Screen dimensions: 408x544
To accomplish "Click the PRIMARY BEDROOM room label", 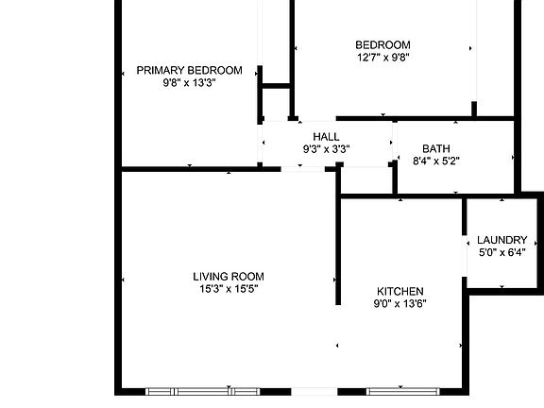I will tap(189, 70).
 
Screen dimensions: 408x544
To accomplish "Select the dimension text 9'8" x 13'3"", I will tap(189, 82).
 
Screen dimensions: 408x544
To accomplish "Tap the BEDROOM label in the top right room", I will tap(382, 44).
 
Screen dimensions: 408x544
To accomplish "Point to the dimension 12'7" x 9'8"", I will tap(382, 57).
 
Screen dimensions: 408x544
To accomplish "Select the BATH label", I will tap(436, 148).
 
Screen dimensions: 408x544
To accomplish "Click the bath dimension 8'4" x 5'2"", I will tap(436, 161).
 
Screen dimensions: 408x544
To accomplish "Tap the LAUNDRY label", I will tap(502, 240).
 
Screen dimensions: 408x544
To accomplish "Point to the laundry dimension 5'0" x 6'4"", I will tap(502, 252).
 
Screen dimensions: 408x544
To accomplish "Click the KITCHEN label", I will tap(400, 291).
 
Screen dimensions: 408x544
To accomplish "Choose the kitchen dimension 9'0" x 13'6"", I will tap(400, 303).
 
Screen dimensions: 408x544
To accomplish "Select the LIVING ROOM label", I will tap(229, 277).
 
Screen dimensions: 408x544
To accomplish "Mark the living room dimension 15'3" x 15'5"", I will tap(229, 289).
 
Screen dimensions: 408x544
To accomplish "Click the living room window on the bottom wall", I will tap(203, 391).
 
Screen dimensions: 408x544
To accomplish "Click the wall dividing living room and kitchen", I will tap(337, 246).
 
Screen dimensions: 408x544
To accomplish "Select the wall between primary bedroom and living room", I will tap(189, 169).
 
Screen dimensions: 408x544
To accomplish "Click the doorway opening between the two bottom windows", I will tap(313, 391).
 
